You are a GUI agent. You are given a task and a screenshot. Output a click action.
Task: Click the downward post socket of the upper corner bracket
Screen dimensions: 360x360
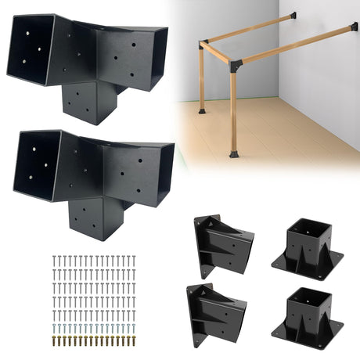point(91,100)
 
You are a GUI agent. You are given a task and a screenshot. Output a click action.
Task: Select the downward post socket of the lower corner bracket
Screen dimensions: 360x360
point(95,216)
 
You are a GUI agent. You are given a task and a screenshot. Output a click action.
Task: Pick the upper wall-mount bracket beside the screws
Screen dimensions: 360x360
point(221,243)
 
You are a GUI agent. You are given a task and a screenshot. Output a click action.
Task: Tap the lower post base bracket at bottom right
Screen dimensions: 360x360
point(308,316)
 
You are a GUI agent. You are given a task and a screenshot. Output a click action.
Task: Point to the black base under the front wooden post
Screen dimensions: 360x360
point(234,153)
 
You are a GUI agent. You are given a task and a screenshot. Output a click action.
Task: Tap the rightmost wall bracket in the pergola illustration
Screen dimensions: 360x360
point(355,27)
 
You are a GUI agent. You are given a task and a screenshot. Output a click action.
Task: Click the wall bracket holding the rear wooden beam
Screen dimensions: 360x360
point(291,15)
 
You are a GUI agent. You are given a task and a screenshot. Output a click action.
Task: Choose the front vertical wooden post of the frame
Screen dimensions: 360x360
point(234,110)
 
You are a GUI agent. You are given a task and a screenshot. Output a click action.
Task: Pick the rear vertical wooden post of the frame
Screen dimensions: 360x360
point(203,78)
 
